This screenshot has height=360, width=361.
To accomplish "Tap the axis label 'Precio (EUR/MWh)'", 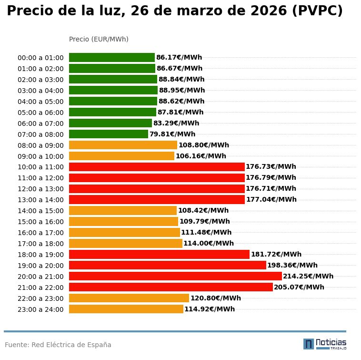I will click(99, 39).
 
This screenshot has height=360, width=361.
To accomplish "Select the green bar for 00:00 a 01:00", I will click(111, 58).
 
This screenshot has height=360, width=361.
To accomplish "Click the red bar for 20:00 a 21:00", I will click(175, 276).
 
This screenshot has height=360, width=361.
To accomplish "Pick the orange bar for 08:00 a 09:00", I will click(123, 145).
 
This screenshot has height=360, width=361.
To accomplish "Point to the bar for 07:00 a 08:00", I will click(109, 134).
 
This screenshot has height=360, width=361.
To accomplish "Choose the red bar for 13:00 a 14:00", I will click(157, 199).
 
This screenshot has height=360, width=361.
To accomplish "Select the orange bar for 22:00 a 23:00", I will click(129, 298).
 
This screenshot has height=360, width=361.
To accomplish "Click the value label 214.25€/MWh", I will click(308, 276).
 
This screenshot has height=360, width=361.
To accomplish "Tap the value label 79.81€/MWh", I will click(172, 134).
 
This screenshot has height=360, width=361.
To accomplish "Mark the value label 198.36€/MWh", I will click(292, 265).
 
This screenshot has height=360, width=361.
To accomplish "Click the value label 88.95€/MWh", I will click(182, 90).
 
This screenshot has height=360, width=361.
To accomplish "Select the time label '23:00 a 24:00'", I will click(40, 309).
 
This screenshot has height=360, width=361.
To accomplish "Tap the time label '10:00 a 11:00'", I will click(40, 167).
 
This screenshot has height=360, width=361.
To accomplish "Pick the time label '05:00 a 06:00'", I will click(40, 113).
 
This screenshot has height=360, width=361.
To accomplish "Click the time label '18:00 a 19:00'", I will click(40, 255).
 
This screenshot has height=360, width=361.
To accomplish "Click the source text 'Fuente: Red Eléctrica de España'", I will click(58, 345).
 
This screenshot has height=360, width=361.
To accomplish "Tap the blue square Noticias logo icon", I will click(309, 344).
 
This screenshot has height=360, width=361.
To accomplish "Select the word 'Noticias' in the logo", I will click(331, 342).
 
